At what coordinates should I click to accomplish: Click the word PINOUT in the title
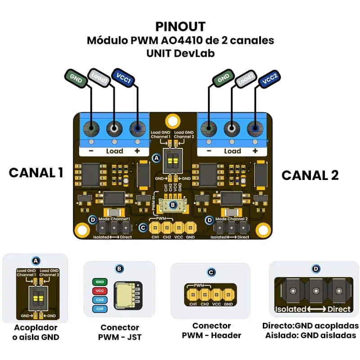[180, 26]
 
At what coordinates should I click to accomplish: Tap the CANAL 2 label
[310, 175]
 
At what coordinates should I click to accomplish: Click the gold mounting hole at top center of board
[172, 121]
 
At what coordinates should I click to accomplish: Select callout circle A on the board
[156, 158]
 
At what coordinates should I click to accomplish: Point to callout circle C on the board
[143, 228]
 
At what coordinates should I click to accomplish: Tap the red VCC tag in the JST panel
[100, 291]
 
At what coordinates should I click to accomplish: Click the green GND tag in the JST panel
[100, 282]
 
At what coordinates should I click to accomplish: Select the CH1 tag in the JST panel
[100, 309]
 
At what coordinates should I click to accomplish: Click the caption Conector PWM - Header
[211, 330]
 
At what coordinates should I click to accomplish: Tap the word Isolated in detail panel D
[291, 309]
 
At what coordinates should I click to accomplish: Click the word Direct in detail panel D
[339, 309]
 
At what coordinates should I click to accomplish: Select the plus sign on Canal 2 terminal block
[255, 151]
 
